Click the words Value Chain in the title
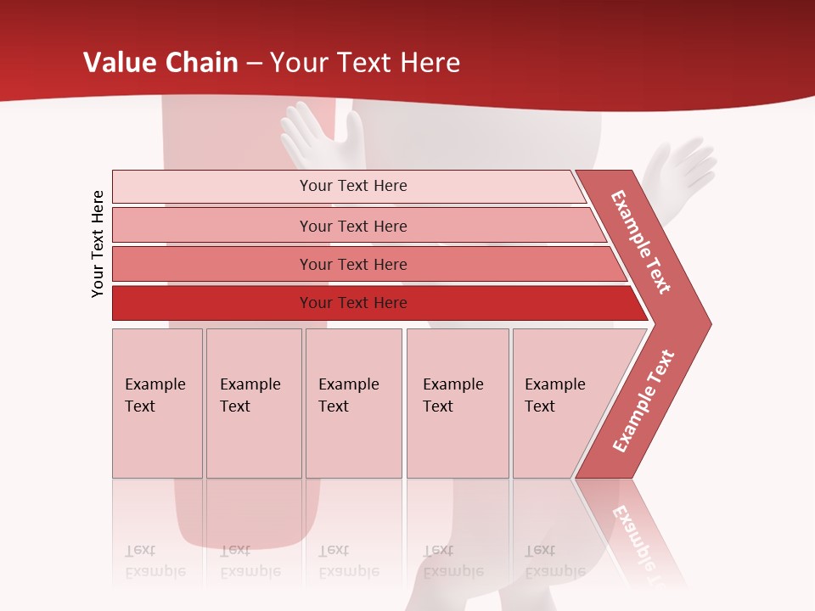pyautogui.click(x=160, y=62)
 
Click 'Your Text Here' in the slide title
pyautogui.click(x=365, y=62)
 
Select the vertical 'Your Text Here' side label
pyautogui.click(x=98, y=244)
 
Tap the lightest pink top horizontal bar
pyautogui.click(x=352, y=186)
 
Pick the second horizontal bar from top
pyautogui.click(x=352, y=226)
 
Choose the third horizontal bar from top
pyautogui.click(x=352, y=264)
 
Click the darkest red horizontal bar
pyautogui.click(x=352, y=303)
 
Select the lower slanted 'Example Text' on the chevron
pyautogui.click(x=644, y=401)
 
